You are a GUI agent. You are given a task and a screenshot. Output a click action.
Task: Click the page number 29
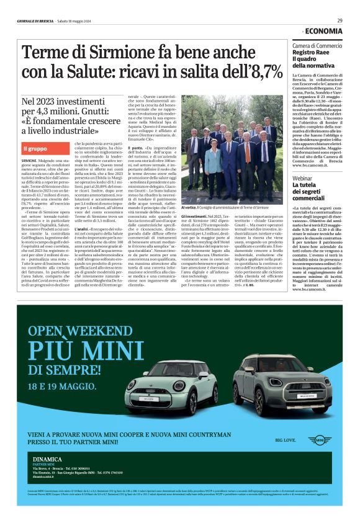click(340, 20)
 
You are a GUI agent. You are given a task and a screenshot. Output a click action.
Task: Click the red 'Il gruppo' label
click(35, 149)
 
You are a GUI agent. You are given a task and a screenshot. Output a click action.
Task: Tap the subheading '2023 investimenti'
click(61, 101)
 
